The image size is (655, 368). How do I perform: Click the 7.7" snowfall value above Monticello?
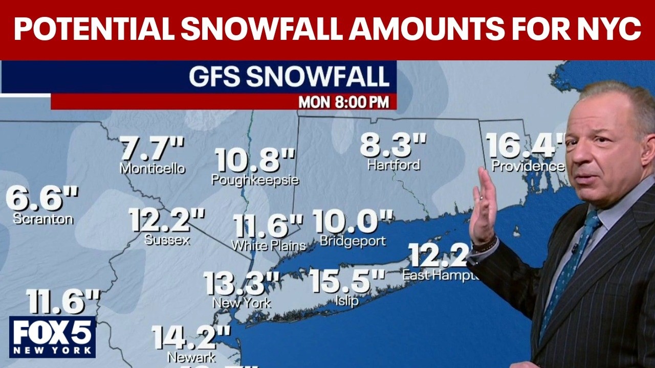151,149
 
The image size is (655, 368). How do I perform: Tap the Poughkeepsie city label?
255,180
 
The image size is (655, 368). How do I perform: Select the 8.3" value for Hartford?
393,145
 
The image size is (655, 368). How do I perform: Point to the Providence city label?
528,166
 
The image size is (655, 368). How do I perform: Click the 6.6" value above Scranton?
42,199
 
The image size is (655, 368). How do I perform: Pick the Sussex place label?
167,240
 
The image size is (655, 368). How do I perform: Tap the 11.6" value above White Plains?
268,226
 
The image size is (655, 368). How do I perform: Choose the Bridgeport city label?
353,241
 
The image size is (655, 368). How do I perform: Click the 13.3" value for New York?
242,283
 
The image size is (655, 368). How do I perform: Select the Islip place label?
346,301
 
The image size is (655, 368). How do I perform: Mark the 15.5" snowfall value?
347,281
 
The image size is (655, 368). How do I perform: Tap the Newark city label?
191,357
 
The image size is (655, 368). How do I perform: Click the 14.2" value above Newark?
191,337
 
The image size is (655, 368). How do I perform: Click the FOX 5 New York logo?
52,336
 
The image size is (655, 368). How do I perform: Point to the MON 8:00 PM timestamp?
343,102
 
